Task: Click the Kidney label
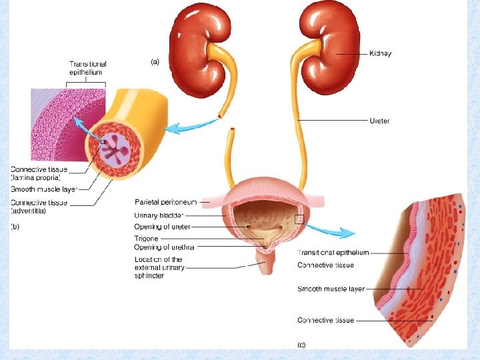380,54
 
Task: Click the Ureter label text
379,121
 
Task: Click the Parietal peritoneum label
167,201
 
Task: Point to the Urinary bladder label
159,215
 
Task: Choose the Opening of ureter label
163,227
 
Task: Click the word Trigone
146,238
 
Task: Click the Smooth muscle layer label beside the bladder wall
331,289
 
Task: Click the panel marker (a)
155,62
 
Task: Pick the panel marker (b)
15,227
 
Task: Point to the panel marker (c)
301,345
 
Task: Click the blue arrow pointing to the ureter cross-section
183,127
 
